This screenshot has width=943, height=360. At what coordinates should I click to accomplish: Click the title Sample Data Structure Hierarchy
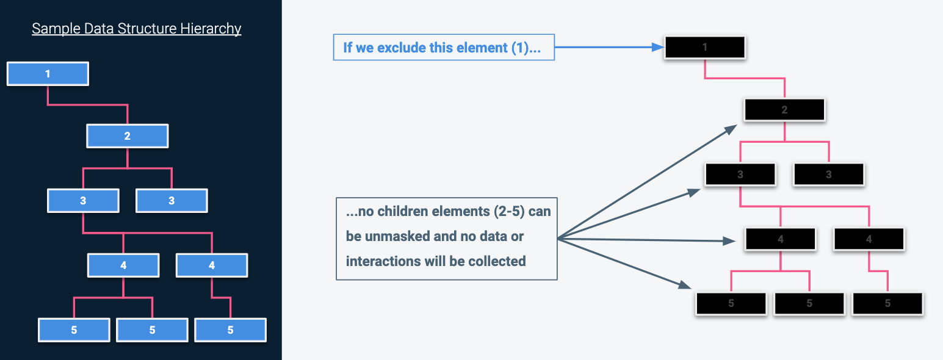click(136, 29)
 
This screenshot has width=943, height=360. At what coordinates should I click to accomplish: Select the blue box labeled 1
click(48, 74)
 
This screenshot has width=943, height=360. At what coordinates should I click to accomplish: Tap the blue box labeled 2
click(127, 136)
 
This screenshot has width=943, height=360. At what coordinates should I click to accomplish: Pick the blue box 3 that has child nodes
click(83, 200)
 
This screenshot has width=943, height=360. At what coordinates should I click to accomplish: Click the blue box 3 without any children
click(172, 200)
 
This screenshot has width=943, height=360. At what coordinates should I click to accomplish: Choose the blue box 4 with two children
click(123, 265)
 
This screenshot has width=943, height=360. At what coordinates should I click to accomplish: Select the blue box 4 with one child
click(212, 265)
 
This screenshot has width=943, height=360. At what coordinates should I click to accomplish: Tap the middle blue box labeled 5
click(152, 330)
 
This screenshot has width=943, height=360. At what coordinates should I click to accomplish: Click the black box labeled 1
click(705, 48)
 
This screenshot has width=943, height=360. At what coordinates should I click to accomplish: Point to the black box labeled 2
click(784, 110)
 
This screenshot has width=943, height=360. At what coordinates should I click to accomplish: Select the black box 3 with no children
click(828, 175)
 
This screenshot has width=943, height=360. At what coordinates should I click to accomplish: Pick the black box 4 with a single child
click(869, 239)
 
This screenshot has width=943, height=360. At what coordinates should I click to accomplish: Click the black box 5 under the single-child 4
click(887, 303)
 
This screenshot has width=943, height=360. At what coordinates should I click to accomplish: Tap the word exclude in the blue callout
click(403, 48)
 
